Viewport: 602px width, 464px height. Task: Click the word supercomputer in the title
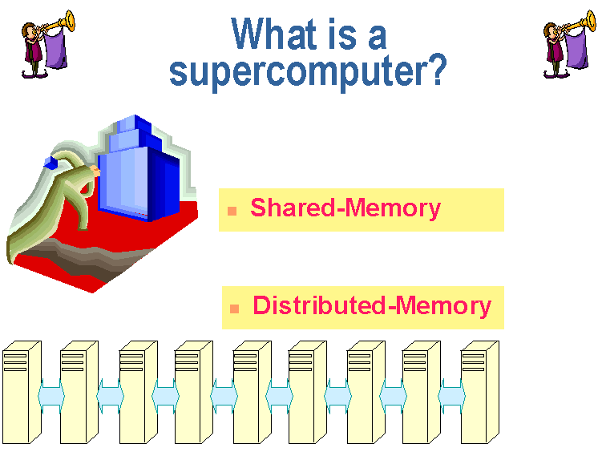(301, 72)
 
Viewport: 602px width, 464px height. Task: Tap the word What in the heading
(273, 34)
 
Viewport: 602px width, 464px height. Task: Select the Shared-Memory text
(345, 208)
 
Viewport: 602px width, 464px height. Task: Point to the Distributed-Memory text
(372, 306)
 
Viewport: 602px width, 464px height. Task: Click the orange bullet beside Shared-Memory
(232, 211)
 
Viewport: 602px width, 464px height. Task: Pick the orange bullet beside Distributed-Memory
(234, 309)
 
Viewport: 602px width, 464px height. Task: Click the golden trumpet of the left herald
(61, 22)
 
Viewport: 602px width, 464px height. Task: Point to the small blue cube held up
(51, 163)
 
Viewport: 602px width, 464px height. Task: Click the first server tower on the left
(22, 392)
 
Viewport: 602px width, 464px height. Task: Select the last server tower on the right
(480, 392)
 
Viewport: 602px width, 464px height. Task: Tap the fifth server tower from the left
(253, 392)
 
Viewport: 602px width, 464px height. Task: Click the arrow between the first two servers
(51, 396)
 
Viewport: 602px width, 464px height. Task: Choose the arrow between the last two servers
(451, 396)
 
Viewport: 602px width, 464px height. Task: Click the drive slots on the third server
(131, 363)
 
